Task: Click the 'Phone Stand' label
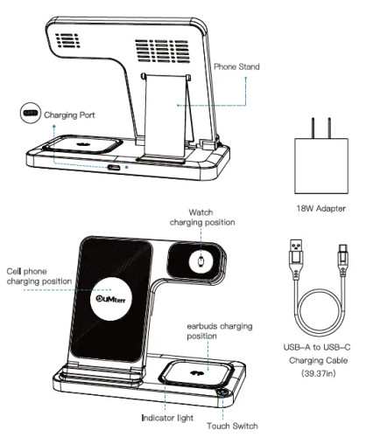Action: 236,66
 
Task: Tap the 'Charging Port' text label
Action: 69,115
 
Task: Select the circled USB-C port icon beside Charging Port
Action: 30,113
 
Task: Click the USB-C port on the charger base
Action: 114,168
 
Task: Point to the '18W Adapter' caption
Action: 321,208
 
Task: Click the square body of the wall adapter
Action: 321,166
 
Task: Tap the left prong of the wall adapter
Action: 313,128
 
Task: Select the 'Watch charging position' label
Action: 202,218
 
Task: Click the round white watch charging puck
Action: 201,261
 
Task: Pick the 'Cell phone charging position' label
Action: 39,276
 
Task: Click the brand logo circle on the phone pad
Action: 110,299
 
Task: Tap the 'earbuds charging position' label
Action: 220,331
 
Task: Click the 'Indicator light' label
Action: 167,418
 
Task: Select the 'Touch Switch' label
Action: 232,426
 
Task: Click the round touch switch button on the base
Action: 222,392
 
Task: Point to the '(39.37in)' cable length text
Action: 319,373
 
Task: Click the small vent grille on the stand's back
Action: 67,40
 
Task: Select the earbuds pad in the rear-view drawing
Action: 82,144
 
